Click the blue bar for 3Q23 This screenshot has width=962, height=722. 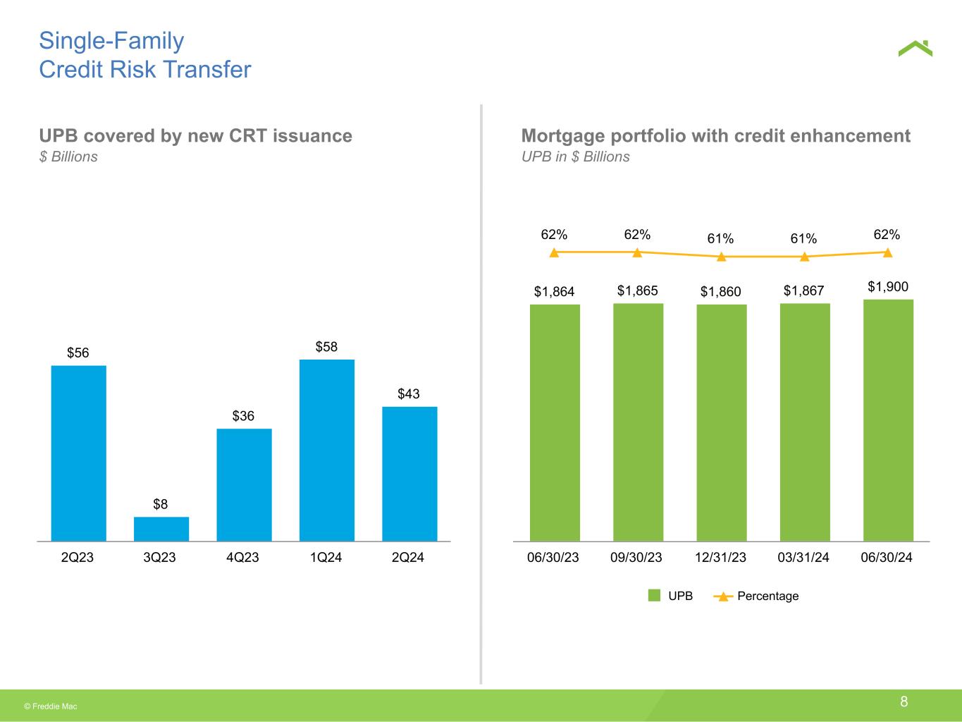[x=161, y=529]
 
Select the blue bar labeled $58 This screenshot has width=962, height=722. [x=327, y=451]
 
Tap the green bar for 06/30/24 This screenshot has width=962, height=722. [x=889, y=420]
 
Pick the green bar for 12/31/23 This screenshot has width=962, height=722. [x=722, y=422]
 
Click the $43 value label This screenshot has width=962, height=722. [x=409, y=393]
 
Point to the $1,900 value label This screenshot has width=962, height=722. [x=888, y=287]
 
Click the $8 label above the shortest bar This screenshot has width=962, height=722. [x=161, y=504]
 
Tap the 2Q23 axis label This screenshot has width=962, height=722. [x=77, y=557]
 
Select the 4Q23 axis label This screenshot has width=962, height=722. [x=242, y=557]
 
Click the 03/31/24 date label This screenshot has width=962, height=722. [x=803, y=557]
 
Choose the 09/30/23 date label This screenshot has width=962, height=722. [x=636, y=557]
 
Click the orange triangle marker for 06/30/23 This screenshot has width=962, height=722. [x=554, y=253]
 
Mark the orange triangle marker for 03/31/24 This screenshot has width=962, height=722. [x=804, y=257]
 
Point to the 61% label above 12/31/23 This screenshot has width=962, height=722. [x=720, y=238]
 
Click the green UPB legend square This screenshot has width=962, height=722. [x=654, y=595]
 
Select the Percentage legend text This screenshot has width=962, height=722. [x=768, y=596]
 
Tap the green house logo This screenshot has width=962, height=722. [x=915, y=48]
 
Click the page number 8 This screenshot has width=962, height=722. [x=904, y=702]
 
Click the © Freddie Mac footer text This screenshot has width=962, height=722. [x=51, y=706]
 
